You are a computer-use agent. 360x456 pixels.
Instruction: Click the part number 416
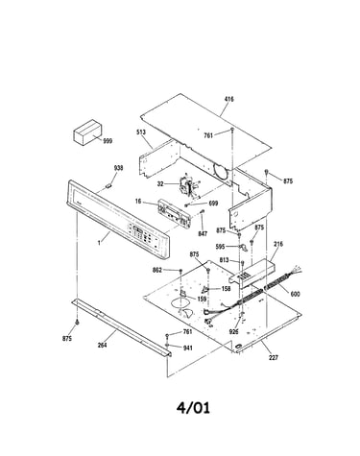pos(228,99)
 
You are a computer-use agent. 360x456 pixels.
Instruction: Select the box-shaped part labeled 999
pos(87,133)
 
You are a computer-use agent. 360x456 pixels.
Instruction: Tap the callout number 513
pos(141,132)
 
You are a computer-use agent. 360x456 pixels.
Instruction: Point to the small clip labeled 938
pos(108,185)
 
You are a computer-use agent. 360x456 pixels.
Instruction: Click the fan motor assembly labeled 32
pos(189,185)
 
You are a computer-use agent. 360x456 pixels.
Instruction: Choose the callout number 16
pos(138,202)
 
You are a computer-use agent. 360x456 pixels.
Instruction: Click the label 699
pos(213,204)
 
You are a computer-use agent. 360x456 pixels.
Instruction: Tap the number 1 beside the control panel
pos(99,243)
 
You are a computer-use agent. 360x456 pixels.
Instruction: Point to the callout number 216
pos(278,244)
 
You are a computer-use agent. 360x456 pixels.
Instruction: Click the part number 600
pos(295,293)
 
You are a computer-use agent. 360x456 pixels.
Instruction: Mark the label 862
pos(167,271)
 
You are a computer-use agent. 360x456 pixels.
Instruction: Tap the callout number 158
pos(226,289)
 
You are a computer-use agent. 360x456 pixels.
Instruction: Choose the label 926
pos(234,332)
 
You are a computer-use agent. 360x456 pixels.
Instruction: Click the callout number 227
pos(274,357)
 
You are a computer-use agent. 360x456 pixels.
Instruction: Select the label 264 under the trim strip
pos(102,345)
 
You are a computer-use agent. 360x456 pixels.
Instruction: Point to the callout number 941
pos(187,348)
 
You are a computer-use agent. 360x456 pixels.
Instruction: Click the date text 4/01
pos(193,408)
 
